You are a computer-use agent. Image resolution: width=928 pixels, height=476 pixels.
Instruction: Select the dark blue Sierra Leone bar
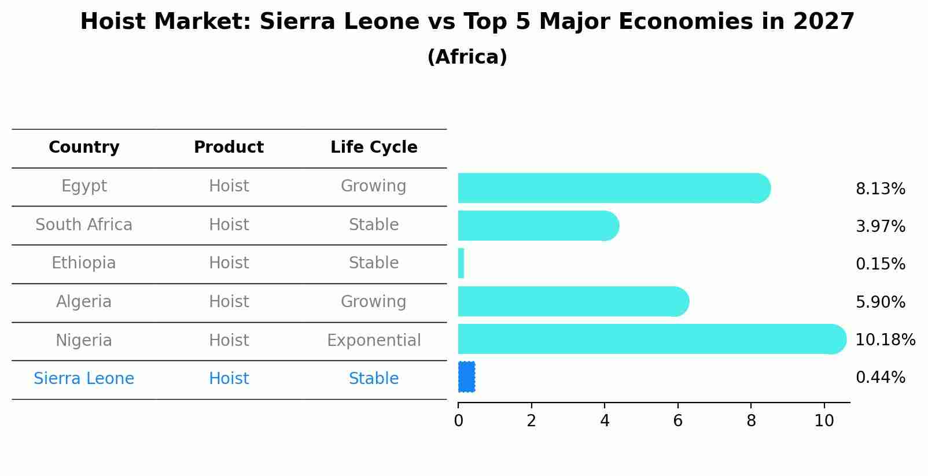tap(466, 377)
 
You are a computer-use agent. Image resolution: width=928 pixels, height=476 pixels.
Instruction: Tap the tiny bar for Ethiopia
tap(461, 263)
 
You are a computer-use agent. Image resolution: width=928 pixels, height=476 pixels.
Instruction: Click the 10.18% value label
tap(885, 340)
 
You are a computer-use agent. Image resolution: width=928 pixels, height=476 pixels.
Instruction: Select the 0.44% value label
tap(880, 378)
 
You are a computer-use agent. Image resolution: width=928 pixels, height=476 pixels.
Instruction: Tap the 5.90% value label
tap(880, 302)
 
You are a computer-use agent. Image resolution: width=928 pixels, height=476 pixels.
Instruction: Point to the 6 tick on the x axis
tap(677, 421)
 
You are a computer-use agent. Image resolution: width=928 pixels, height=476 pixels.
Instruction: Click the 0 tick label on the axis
tap(458, 421)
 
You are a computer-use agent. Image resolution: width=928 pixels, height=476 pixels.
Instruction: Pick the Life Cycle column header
tap(374, 147)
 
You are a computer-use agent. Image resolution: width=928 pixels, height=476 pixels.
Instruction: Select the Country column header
tap(84, 147)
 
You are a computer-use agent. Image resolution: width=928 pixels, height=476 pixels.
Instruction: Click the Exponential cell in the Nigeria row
tap(374, 340)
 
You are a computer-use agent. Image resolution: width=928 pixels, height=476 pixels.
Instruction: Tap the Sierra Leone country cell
tap(84, 379)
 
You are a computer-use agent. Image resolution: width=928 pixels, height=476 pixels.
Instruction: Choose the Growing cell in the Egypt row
tap(374, 186)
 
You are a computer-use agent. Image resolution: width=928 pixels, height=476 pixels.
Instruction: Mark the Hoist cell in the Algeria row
tap(229, 302)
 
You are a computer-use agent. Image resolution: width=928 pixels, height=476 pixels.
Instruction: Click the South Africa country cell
tap(84, 224)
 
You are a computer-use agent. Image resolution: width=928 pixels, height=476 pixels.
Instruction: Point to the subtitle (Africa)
tap(467, 57)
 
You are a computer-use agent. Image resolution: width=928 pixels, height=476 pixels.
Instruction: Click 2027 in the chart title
tap(824, 22)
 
